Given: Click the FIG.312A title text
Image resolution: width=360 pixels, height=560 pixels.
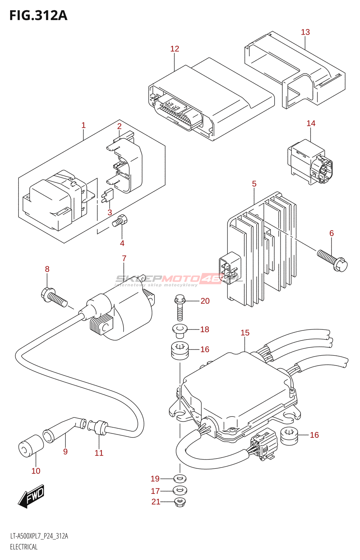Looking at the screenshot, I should point(38,16).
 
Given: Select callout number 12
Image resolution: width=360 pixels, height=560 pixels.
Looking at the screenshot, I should point(174,49).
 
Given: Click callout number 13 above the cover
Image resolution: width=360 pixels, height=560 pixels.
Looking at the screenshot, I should point(305,32).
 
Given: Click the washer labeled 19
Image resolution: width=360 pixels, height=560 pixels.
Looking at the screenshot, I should point(180,478).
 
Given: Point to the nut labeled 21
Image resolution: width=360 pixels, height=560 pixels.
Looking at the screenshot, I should point(180,502).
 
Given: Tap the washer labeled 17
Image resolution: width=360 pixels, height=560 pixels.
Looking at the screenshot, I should point(180,490).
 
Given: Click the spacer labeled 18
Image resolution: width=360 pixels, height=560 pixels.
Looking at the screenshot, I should point(180,330).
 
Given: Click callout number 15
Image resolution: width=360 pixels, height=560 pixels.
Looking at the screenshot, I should point(245,333).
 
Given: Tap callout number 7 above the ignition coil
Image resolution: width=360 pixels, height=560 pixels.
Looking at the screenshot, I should point(124,258).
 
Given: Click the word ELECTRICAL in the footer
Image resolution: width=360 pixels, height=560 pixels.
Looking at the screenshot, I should point(23,547).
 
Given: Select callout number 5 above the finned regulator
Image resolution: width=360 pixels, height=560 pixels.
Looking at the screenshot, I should point(254,184).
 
